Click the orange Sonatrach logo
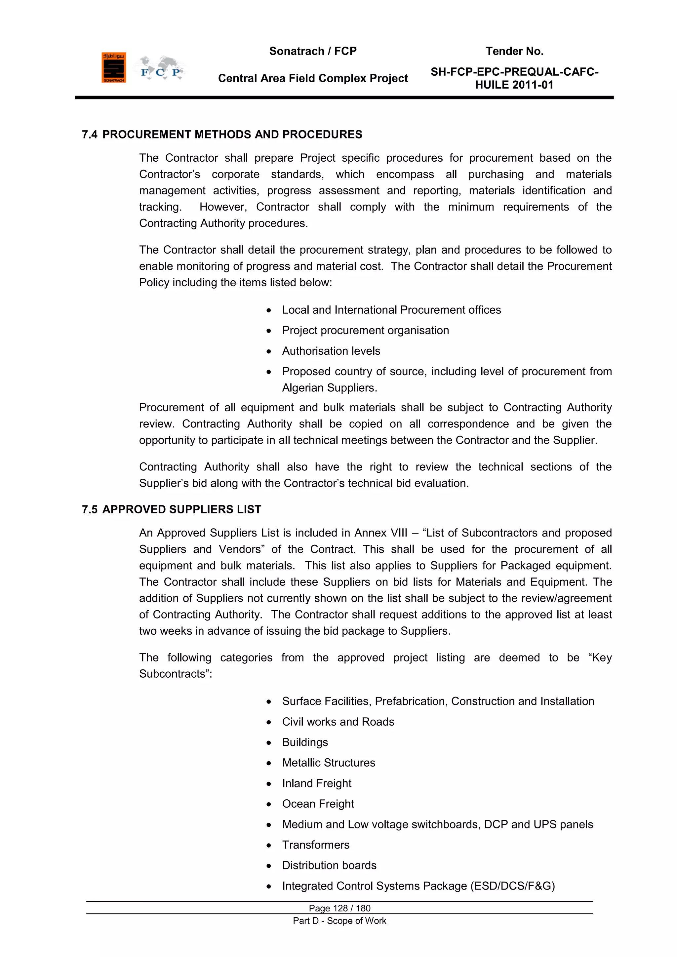pos(113,67)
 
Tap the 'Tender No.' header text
pos(514,51)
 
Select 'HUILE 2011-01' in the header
pos(514,85)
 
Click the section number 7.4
pos(90,135)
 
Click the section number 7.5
pos(90,509)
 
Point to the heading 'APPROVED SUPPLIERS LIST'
pos(182,509)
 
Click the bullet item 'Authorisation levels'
pos(331,351)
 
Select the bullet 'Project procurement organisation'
pos(365,331)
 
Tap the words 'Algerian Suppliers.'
pos(329,388)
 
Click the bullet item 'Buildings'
pos(305,742)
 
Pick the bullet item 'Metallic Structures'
pos(329,763)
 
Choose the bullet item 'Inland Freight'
pos(316,783)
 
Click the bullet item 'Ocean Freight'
pos(318,804)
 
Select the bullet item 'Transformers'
pos(316,845)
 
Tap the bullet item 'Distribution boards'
pos(329,865)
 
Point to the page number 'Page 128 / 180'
pos(339,908)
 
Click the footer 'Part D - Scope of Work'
pos(339,921)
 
